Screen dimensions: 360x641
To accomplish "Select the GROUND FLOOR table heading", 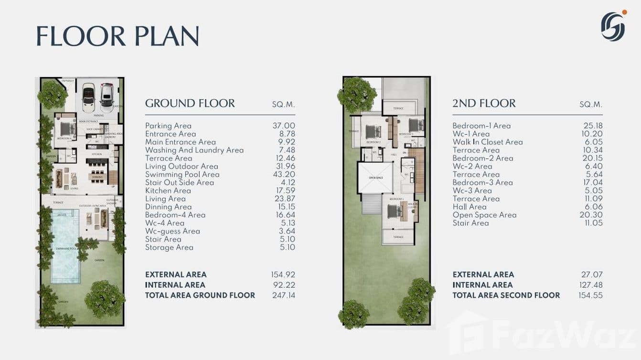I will (x=190, y=103).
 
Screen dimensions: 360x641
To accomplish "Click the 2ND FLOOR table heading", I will (x=484, y=103).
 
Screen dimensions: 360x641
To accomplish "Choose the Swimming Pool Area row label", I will (x=182, y=174).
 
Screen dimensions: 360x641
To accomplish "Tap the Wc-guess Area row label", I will (x=172, y=231).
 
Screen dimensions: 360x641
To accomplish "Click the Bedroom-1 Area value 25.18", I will (x=592, y=126).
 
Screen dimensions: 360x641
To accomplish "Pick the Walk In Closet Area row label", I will (x=487, y=142).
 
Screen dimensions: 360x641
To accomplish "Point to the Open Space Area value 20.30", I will (x=592, y=215).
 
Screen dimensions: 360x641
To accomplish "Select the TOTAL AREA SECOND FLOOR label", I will (x=506, y=295).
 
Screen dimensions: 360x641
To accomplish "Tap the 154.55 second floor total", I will (x=591, y=295).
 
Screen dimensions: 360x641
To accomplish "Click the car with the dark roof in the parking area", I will (x=89, y=97).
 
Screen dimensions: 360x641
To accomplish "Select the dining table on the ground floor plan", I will (x=96, y=174).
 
